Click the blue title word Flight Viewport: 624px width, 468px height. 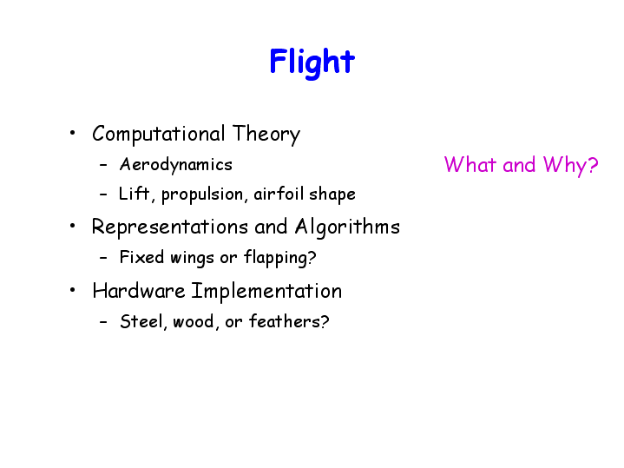coord(312,62)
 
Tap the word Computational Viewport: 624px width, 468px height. coord(159,134)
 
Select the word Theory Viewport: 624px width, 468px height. coord(266,135)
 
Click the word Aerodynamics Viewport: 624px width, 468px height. coord(176,165)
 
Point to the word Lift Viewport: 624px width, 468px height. coord(135,194)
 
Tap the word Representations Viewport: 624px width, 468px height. coord(170,227)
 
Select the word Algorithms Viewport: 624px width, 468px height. coord(347,227)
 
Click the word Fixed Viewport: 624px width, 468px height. coord(141,257)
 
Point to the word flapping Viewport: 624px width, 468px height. coord(279,258)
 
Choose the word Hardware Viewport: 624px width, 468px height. coord(139,290)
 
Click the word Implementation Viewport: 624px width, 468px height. coord(266,291)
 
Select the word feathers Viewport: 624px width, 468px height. coord(289,321)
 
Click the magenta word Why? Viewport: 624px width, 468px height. coord(571,165)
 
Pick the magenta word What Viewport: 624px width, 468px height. coord(470,164)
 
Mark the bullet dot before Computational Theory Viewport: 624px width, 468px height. coord(72,133)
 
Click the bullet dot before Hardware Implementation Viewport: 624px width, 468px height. coord(72,290)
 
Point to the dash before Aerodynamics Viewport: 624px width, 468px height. coord(103,165)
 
